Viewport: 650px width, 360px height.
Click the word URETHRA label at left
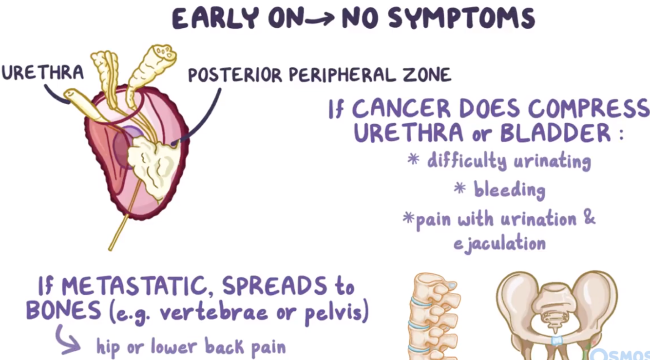[x=42, y=72]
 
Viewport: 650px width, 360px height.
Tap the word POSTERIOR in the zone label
[x=234, y=75]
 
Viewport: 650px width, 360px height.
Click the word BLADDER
[x=555, y=133]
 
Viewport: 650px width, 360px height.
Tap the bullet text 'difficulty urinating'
[x=509, y=161]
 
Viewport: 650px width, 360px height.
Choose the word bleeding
[x=509, y=189]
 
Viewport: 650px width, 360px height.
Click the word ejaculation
[x=499, y=243]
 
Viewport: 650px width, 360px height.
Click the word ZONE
[x=427, y=75]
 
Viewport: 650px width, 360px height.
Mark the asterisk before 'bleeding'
[x=459, y=189]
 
